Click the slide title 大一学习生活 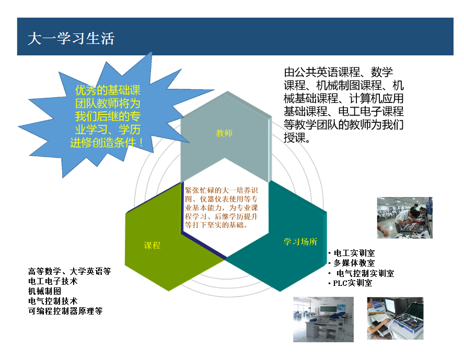click(x=71, y=39)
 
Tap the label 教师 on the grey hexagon click(x=224, y=133)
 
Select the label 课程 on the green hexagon click(x=152, y=245)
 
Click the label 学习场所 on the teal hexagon click(x=300, y=242)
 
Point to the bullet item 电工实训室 click(x=354, y=253)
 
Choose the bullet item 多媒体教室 click(x=354, y=263)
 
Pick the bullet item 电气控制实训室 click(x=365, y=273)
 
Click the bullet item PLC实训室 click(x=352, y=283)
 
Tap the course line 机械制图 click(x=44, y=292)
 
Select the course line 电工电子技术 click(x=53, y=281)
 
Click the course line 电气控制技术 click(x=53, y=301)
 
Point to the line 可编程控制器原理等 click(x=65, y=311)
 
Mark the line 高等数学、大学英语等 click(x=69, y=271)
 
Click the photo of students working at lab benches click(x=404, y=218)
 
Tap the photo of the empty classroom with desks click(x=323, y=319)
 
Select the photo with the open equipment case click(x=396, y=318)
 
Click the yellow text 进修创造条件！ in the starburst click(x=107, y=143)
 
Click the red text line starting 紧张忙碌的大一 click(x=222, y=190)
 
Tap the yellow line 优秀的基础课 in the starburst click(x=108, y=90)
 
